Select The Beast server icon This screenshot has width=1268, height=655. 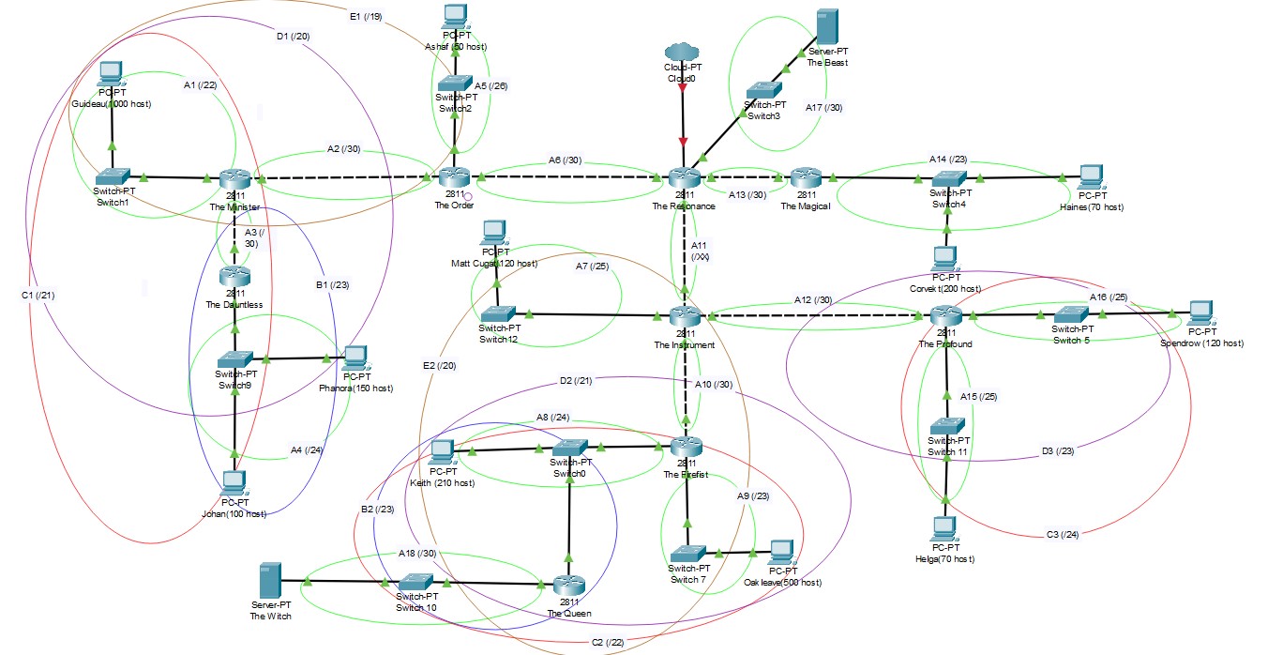pyautogui.click(x=826, y=28)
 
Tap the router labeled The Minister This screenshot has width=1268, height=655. pyautogui.click(x=234, y=178)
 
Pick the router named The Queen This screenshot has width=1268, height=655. pyautogui.click(x=563, y=584)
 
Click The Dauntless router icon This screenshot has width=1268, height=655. pyautogui.click(x=234, y=276)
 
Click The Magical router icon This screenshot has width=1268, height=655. pyautogui.click(x=805, y=177)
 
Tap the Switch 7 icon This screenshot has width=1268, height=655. pyautogui.click(x=687, y=554)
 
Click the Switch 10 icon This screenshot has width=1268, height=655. pyautogui.click(x=416, y=582)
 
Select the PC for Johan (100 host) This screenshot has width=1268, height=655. pyautogui.click(x=234, y=482)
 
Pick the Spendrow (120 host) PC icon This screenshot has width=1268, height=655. pyautogui.click(x=1200, y=312)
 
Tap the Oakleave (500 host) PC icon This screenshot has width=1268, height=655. pyautogui.click(x=782, y=552)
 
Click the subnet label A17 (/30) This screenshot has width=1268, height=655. pyautogui.click(x=823, y=108)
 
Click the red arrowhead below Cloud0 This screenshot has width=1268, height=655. pyautogui.click(x=683, y=143)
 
